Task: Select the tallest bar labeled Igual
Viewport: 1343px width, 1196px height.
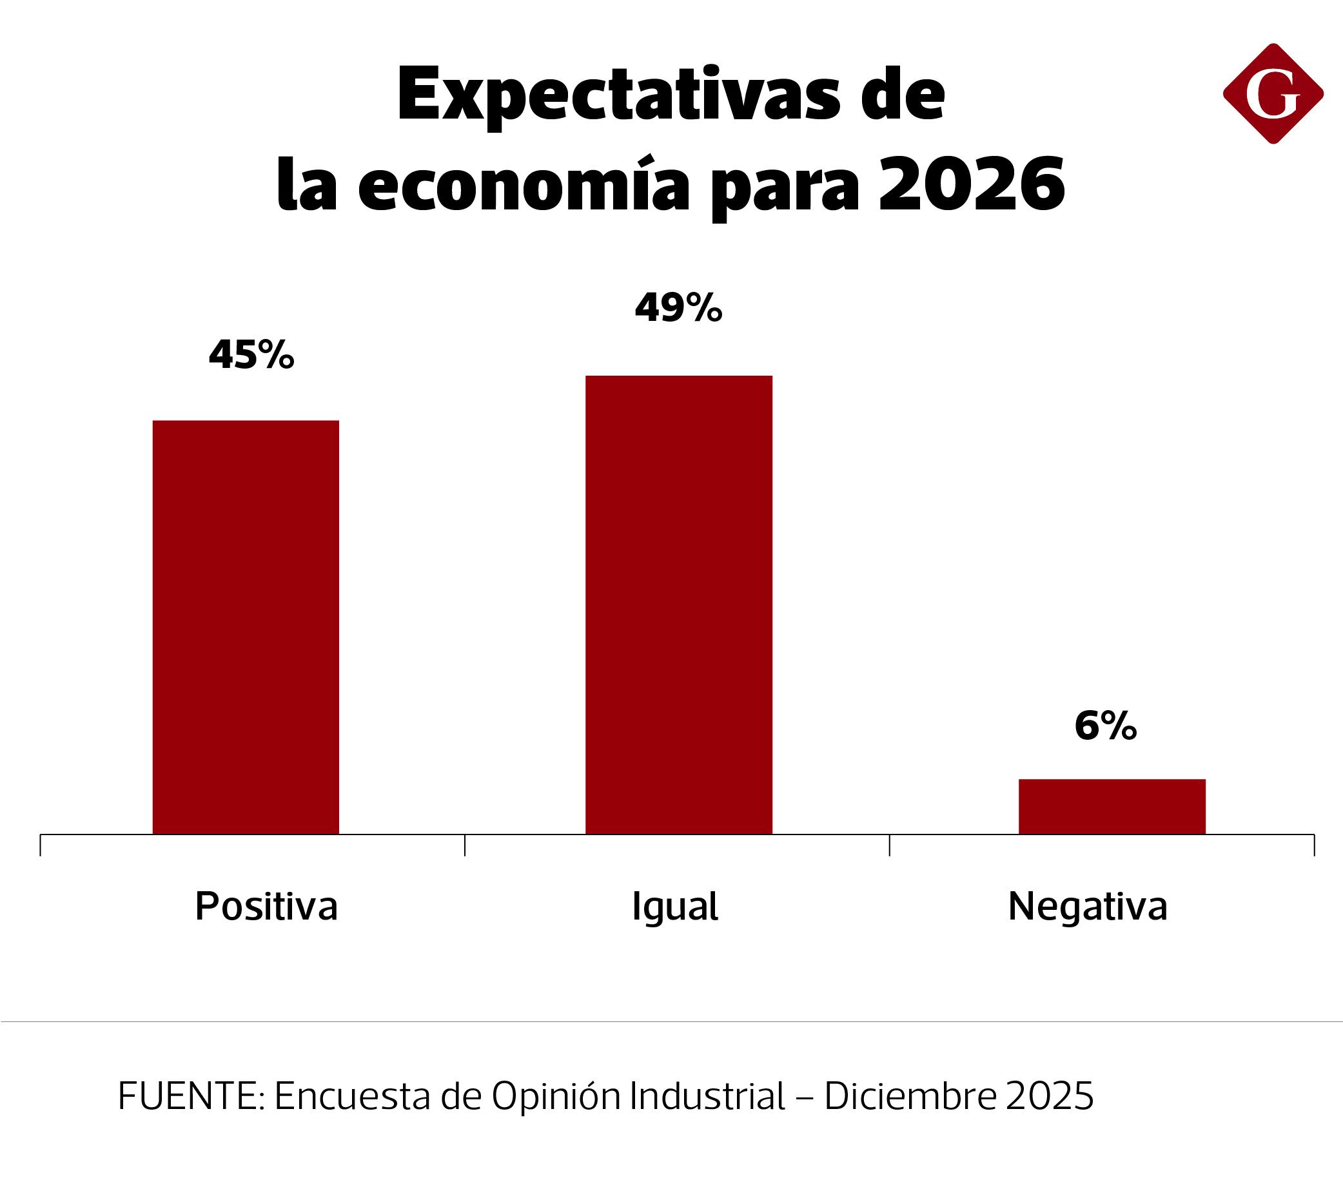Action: pos(678,604)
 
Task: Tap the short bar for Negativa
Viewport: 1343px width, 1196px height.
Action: pos(1112,806)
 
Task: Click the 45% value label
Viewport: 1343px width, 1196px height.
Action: pos(251,356)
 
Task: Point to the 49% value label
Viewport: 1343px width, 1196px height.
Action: pos(678,307)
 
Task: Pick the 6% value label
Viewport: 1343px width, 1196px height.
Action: pos(1105,727)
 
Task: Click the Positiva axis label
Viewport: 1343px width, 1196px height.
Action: pos(266,907)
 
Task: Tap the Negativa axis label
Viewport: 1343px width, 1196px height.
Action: pos(1087,907)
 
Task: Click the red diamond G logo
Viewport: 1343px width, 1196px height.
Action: pos(1273,94)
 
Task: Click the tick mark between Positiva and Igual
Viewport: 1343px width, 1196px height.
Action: pos(465,844)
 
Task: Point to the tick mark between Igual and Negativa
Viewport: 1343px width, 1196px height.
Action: pos(889,844)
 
